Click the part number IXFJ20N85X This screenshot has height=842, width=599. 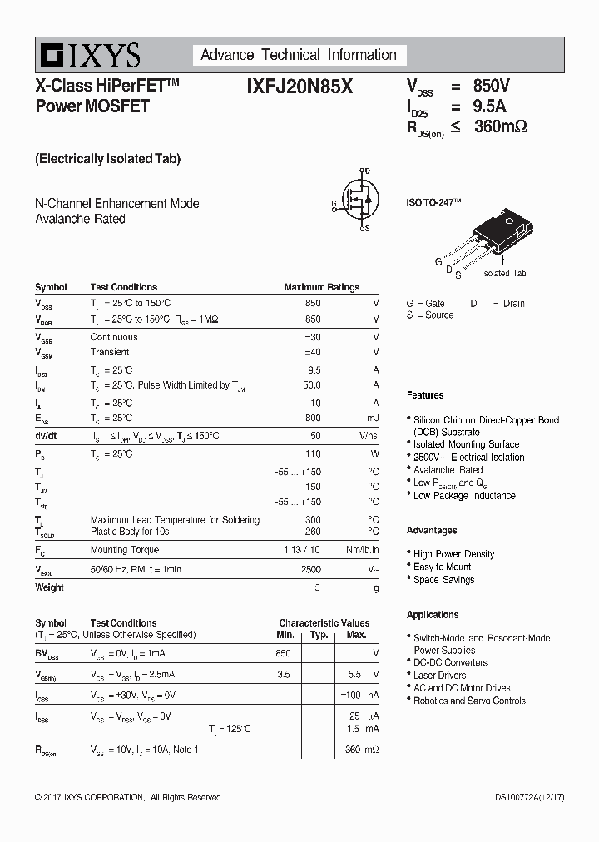point(299,87)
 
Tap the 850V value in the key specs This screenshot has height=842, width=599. point(491,86)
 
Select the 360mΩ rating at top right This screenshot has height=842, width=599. point(500,126)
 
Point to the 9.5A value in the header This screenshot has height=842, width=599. point(489,106)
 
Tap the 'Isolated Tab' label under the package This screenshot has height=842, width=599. point(503,273)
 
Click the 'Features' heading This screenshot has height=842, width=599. point(425,395)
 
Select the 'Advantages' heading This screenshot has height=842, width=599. point(432,531)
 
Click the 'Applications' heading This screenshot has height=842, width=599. point(433,615)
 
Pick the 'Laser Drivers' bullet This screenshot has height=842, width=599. point(439,676)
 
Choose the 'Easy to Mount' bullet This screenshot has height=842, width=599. point(442,567)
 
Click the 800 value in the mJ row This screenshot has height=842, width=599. point(312,418)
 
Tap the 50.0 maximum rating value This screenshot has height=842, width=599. point(311,385)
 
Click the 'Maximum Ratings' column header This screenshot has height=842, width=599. point(321,287)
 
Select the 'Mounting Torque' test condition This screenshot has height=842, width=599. point(124,550)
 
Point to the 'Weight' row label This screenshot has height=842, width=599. point(49,587)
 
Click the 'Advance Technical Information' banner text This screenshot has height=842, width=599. point(299,55)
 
